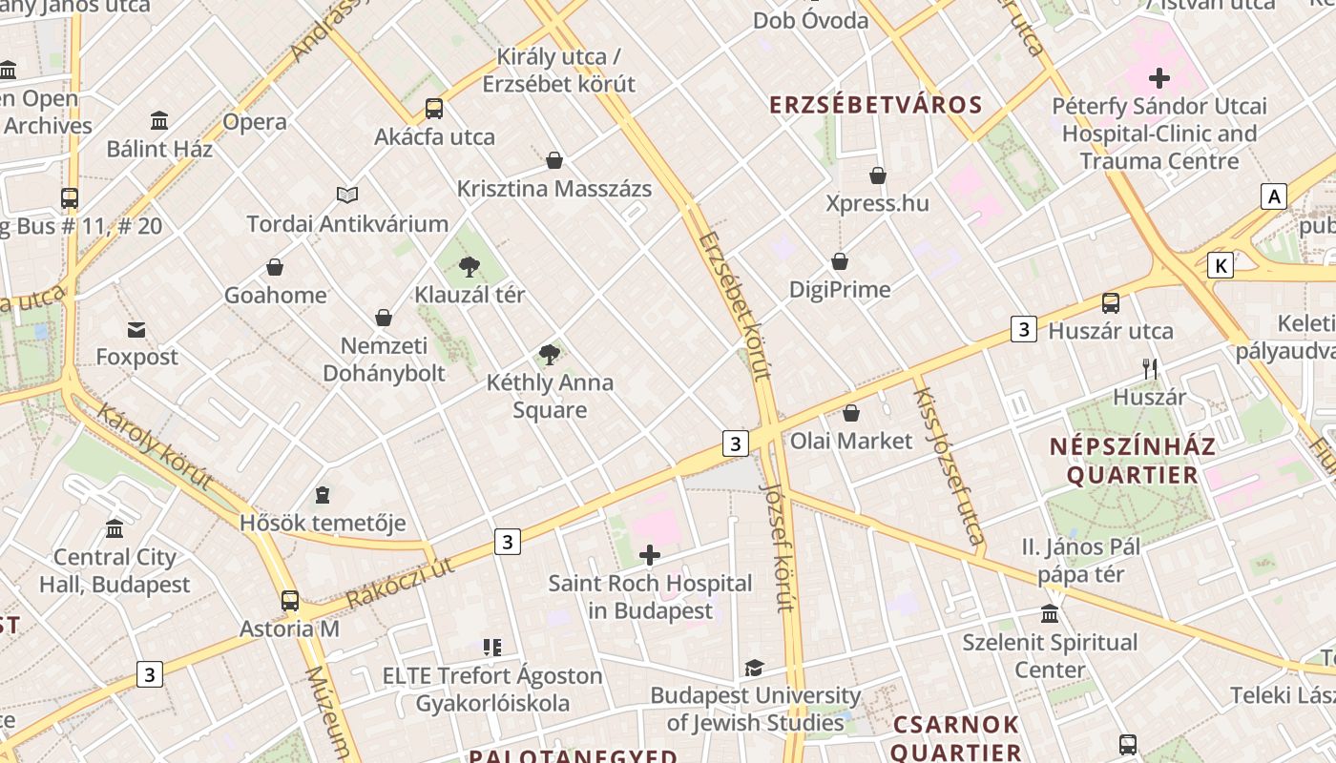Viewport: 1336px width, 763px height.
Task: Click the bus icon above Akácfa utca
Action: coord(434,108)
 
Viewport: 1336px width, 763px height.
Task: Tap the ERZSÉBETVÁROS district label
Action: coord(876,105)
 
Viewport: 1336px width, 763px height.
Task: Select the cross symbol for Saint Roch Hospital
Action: coord(650,554)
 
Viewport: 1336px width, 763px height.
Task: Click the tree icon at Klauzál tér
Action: coord(469,266)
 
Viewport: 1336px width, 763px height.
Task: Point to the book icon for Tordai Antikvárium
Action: coord(347,195)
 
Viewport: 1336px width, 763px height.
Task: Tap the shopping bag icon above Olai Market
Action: coord(851,413)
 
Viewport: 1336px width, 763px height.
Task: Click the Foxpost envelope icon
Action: coord(136,330)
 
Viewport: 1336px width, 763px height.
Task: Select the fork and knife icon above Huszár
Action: coord(1150,368)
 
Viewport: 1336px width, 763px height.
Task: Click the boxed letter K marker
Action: coord(1220,265)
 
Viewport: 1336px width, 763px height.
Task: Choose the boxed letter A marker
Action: coord(1273,196)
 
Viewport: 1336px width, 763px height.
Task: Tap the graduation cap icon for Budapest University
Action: coord(755,668)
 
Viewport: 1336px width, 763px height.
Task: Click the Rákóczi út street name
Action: coord(399,582)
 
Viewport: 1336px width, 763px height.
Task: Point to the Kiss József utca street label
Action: coord(949,465)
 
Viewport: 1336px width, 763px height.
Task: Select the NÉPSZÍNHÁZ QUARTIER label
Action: coord(1132,461)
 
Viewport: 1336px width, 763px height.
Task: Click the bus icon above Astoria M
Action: coord(290,601)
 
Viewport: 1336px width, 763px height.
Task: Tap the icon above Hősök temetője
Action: coord(323,495)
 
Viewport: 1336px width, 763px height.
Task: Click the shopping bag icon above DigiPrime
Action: coord(840,261)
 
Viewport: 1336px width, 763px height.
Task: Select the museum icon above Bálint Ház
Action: coord(159,120)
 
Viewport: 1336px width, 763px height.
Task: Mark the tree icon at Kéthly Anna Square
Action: coord(549,355)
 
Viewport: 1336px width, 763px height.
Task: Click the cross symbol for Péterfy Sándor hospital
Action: coord(1159,77)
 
